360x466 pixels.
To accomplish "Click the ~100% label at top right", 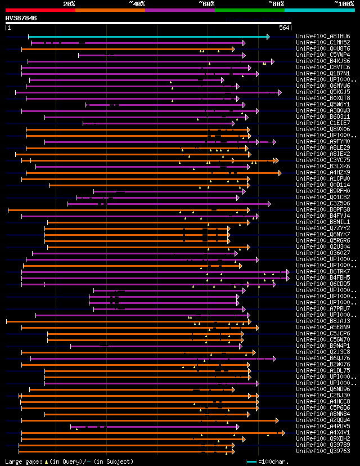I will click(344, 4).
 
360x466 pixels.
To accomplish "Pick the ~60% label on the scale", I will click(206, 4).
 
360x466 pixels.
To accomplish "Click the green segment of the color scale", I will click(249, 10).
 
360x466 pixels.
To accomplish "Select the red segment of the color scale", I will click(40, 10).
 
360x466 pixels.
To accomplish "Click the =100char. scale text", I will click(276, 461).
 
